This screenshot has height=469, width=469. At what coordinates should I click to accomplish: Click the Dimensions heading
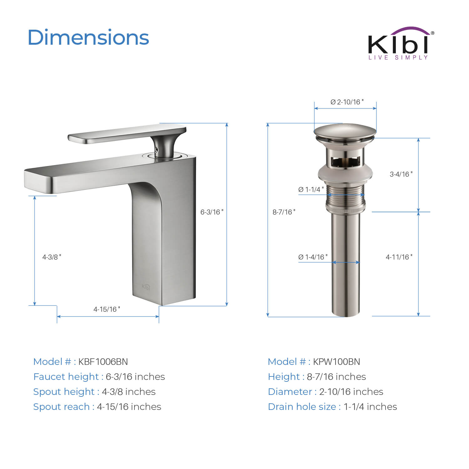(x=88, y=38)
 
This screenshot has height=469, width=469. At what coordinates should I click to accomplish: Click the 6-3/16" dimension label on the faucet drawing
(x=212, y=212)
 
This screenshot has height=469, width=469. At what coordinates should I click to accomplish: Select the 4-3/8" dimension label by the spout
(x=52, y=257)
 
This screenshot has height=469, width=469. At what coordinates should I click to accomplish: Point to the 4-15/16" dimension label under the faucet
(x=107, y=309)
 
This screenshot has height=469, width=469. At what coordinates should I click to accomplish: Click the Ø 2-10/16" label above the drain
(x=347, y=102)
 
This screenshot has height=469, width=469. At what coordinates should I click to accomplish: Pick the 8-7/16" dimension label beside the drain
(x=284, y=212)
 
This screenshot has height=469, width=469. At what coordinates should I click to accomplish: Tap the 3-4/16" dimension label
(x=401, y=174)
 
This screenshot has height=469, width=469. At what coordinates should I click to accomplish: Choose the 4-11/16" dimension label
(x=399, y=257)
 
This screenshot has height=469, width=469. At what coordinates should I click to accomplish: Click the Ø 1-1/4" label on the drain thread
(x=311, y=189)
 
